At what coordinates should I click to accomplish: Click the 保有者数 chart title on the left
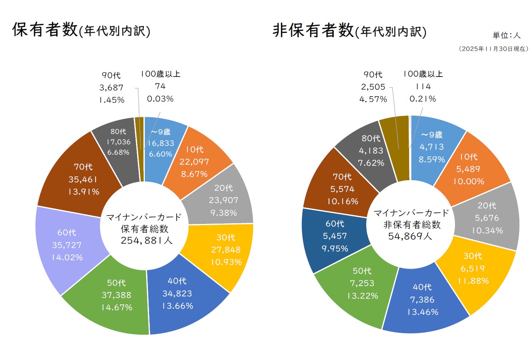[x=81, y=30]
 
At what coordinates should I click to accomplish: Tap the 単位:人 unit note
[x=506, y=35]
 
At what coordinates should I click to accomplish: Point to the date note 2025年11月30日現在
[x=494, y=49]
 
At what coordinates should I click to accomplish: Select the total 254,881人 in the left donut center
[x=146, y=241]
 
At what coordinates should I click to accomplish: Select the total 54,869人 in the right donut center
[x=410, y=236]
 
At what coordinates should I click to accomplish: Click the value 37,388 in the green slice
[x=116, y=295]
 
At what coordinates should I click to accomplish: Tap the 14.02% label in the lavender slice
[x=67, y=257]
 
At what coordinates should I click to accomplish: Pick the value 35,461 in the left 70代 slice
[x=83, y=179]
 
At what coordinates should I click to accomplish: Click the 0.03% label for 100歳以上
[x=160, y=99]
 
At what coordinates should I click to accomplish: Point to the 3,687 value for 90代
[x=111, y=88]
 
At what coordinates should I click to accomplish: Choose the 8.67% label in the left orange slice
[x=194, y=174]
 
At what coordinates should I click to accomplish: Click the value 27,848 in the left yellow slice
[x=226, y=250]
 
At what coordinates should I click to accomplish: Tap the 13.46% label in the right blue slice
[x=423, y=312]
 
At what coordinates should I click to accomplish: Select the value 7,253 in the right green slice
[x=362, y=283]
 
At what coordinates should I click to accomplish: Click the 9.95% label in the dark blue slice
[x=335, y=249]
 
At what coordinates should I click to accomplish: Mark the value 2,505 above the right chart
[x=373, y=87]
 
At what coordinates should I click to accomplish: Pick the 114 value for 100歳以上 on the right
[x=423, y=86]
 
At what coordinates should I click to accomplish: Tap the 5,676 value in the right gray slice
[x=487, y=218]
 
